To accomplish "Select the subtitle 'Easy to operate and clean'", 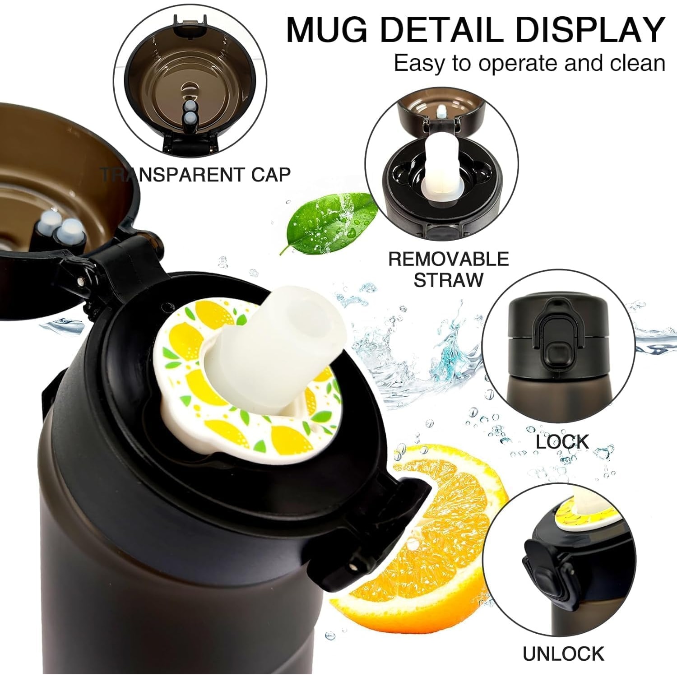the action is tap(530, 63).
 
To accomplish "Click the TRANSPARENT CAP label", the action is tap(196, 174).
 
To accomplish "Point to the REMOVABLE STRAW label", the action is tap(448, 269).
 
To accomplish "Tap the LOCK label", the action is tap(562, 442).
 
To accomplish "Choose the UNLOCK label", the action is tap(563, 654).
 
